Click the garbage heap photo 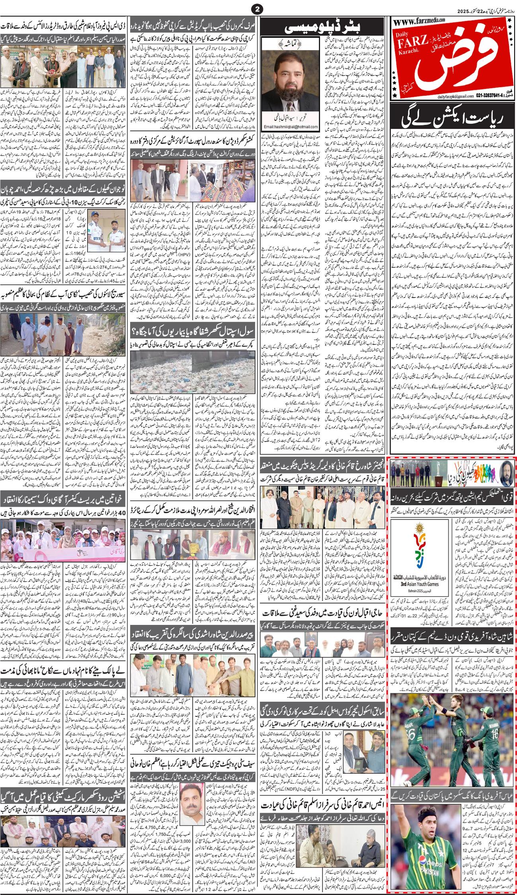pyautogui.click(x=194, y=367)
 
